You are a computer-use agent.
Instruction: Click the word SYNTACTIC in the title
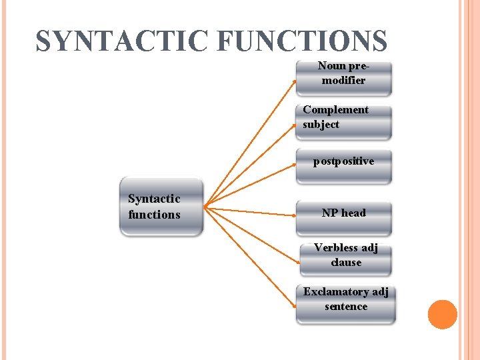123,41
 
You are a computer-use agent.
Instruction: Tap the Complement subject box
344,121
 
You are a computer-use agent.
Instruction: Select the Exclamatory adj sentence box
345,303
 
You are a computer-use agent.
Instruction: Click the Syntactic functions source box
161,207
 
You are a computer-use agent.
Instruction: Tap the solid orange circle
442,315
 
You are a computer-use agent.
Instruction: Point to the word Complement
335,110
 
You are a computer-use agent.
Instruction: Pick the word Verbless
336,248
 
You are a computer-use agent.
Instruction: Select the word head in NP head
353,213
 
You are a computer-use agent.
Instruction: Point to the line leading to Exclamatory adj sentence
251,256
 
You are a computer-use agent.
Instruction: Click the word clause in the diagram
346,263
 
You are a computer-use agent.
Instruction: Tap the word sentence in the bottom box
346,307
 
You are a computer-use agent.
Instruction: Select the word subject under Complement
321,125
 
